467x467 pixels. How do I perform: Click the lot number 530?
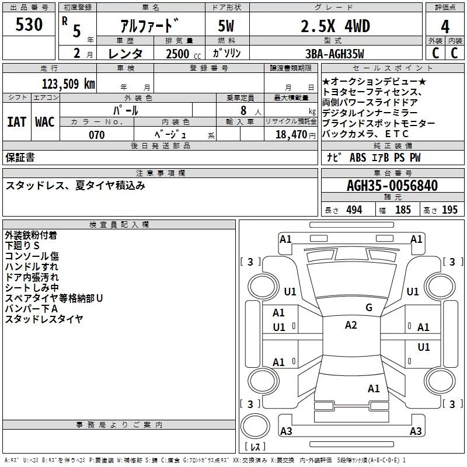(x=30, y=25)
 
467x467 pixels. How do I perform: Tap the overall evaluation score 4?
(x=445, y=27)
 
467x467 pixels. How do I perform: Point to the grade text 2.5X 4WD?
(x=335, y=26)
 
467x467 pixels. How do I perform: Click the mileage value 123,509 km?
(x=68, y=83)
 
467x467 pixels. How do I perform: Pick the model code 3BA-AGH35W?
(x=335, y=54)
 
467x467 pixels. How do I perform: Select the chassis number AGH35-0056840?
(x=392, y=186)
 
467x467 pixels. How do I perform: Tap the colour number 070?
(x=97, y=135)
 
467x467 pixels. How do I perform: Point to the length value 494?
(x=354, y=210)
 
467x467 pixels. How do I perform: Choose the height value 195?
(x=449, y=210)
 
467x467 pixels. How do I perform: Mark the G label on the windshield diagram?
(x=368, y=308)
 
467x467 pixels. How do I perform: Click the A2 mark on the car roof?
(x=351, y=325)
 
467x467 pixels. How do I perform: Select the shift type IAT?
(x=16, y=122)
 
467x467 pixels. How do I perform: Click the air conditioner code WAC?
(x=45, y=122)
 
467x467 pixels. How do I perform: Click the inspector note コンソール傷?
(x=32, y=256)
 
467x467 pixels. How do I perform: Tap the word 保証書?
(x=20, y=158)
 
